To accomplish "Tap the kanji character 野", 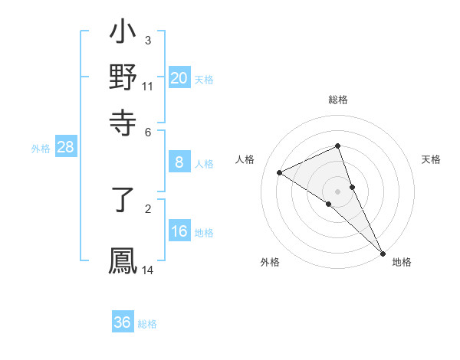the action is [123, 77].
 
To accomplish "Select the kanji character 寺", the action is [123, 122].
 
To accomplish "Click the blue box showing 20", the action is [179, 78].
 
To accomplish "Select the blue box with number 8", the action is [179, 162].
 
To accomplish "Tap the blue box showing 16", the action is [179, 231].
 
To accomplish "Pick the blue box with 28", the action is [65, 148].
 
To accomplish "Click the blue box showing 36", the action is [123, 322].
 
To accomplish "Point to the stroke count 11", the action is [148, 86].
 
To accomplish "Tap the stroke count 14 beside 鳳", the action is [148, 270].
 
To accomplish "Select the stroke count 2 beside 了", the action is [148, 208].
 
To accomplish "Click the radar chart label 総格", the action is [338, 100].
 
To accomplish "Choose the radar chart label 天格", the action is [432, 159].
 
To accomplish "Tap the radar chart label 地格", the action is [402, 262].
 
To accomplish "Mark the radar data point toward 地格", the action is [383, 253].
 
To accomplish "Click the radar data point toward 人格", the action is [280, 172].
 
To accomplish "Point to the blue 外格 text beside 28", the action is [41, 149].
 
